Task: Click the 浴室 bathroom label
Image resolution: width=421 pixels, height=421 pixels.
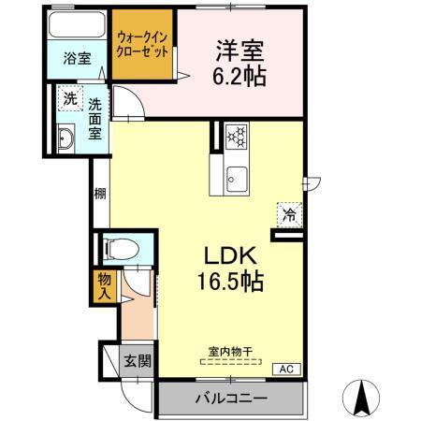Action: point(77,58)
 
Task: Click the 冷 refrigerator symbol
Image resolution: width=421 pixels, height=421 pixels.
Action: point(289,214)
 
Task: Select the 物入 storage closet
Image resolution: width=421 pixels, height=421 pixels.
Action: point(104,286)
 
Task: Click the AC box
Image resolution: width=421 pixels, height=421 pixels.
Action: point(285,369)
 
